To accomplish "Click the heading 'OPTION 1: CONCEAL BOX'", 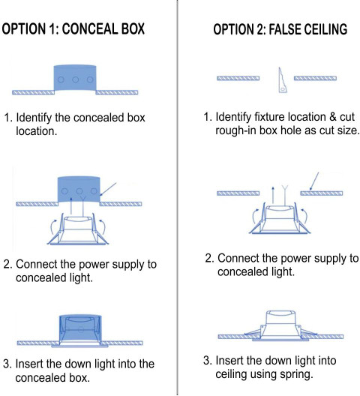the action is click(73, 28).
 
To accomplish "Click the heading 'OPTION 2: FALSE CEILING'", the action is click(280, 28).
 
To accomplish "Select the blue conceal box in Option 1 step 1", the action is click(75, 78).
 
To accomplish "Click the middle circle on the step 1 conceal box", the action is click(75, 79).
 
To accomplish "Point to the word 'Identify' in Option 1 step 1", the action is click(34, 118).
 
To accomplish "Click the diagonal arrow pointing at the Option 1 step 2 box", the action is click(108, 189).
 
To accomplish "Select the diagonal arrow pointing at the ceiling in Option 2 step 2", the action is click(314, 181).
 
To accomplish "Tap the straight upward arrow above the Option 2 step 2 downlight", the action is click(273, 195).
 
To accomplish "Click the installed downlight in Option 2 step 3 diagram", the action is click(280, 325).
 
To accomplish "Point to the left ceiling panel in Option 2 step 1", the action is click(238, 78).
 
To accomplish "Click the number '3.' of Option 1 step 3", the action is click(7, 364).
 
